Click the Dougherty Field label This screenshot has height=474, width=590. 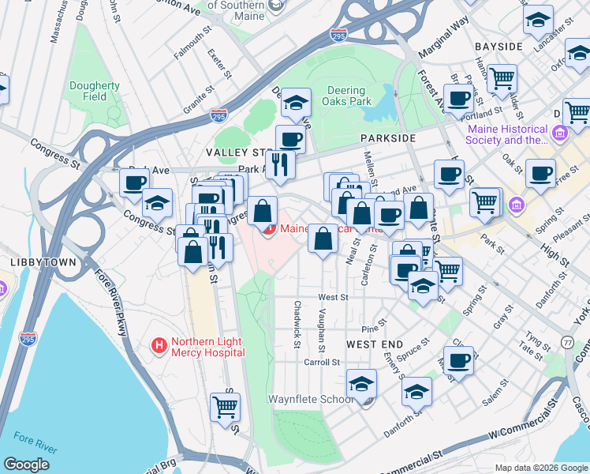point(94,91)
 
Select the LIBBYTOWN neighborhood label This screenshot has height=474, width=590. point(32,261)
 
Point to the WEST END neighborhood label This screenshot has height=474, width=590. point(375,345)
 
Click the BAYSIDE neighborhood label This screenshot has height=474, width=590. point(499,47)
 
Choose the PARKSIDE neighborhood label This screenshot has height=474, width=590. point(387,138)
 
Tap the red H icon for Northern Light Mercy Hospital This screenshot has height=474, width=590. point(159,345)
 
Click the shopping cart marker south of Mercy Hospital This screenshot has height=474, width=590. point(225,407)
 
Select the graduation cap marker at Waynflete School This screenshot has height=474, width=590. point(361,384)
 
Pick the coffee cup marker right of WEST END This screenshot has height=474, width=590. point(458,361)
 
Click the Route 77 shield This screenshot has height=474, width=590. point(568,342)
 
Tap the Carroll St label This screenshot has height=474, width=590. point(322,362)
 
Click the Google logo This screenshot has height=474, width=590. point(26,465)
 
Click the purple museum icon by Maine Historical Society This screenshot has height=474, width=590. point(561,131)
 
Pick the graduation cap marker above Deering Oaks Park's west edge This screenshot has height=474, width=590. point(297,103)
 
